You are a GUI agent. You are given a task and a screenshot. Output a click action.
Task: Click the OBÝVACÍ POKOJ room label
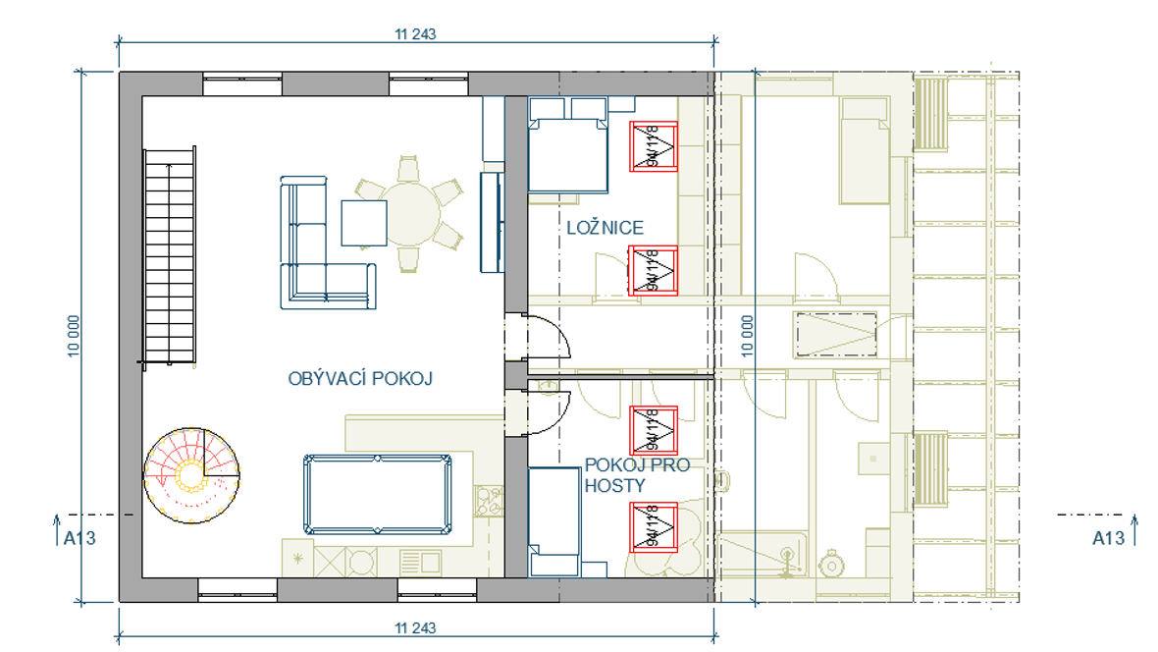(359, 378)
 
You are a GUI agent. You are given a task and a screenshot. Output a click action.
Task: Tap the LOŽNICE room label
(605, 228)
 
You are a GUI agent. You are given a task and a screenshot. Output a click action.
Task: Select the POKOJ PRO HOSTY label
(637, 475)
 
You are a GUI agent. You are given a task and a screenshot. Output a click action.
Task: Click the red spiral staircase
(191, 475)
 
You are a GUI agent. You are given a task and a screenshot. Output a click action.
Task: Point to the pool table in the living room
(378, 495)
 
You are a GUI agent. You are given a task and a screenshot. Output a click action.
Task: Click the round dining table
(410, 214)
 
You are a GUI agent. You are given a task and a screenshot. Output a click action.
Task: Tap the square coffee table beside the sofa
(363, 223)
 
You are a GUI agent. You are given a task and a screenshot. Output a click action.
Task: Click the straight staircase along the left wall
(169, 255)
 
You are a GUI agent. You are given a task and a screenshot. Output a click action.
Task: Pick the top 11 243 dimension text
(415, 34)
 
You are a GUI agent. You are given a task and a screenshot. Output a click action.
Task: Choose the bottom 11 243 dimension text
(415, 628)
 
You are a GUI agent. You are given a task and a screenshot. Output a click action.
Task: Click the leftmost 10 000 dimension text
(74, 337)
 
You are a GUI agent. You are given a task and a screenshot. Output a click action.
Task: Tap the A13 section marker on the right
(1109, 538)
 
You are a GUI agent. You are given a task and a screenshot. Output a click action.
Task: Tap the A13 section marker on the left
(79, 538)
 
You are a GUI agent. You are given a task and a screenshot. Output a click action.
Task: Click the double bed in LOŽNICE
(568, 145)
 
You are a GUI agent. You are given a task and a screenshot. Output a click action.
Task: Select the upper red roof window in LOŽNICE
(654, 146)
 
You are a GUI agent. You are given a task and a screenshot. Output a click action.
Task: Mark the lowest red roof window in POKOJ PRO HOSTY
(654, 527)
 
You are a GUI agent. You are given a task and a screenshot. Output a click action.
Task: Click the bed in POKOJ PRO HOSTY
(553, 522)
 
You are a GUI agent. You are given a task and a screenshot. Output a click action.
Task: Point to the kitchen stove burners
(488, 501)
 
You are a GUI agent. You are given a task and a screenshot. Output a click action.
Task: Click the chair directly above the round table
(408, 169)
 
